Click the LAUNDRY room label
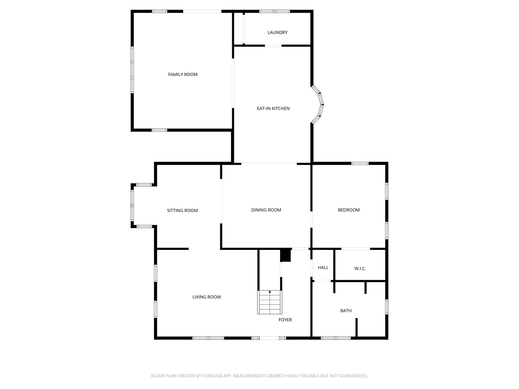point(278,32)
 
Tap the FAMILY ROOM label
point(183,75)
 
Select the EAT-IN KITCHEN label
point(273,108)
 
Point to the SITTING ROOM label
point(182,211)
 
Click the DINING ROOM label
point(266,210)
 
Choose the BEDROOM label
point(349,210)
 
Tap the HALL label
point(323,268)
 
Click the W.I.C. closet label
point(360,269)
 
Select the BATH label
point(346,311)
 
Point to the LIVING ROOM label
point(207,297)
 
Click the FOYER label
point(285,320)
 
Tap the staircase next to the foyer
point(270,303)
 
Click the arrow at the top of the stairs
point(270,291)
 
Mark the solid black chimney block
point(285,255)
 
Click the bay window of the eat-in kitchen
point(319,104)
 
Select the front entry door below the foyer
point(269,338)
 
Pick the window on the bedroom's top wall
point(360,164)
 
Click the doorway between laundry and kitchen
point(273,46)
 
